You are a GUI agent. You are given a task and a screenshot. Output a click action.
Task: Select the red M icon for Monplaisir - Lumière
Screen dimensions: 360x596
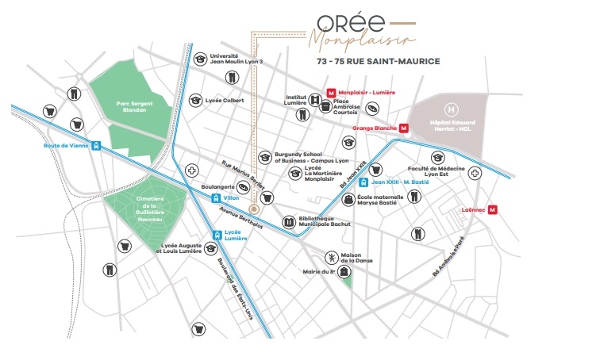click(x=333, y=93)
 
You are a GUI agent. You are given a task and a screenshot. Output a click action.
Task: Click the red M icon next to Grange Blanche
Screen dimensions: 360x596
click(x=404, y=128)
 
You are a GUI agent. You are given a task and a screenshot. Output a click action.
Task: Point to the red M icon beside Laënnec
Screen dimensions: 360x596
click(x=492, y=210)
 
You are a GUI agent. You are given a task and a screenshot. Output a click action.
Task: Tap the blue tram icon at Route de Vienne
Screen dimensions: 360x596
click(x=96, y=146)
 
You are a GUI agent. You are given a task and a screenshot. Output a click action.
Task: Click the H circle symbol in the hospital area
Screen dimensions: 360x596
click(x=452, y=108)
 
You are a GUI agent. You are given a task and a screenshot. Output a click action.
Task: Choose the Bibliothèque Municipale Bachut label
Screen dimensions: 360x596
click(x=324, y=220)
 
